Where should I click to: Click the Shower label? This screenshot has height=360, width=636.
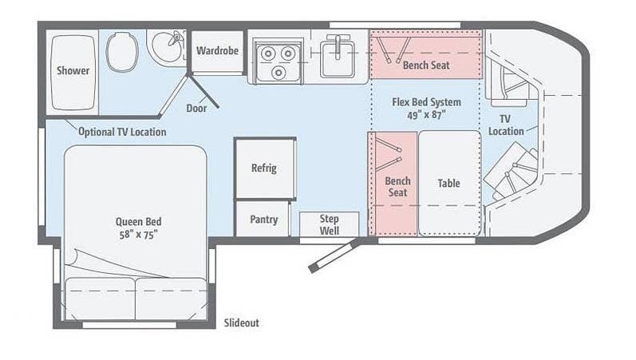pos(73,70)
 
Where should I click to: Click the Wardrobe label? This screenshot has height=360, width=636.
pos(217,50)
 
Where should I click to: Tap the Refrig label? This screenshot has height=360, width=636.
pos(263,168)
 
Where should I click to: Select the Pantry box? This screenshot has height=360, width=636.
pos(263,220)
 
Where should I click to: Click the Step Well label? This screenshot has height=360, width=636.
pos(329,224)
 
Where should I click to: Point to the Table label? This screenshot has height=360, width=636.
pos(448,183)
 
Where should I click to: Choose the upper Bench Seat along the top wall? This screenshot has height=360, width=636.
pos(425,65)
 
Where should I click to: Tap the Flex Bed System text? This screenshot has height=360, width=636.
pos(425,102)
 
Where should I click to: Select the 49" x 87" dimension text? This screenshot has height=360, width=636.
pos(425,114)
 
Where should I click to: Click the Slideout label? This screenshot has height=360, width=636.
pos(242,323)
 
